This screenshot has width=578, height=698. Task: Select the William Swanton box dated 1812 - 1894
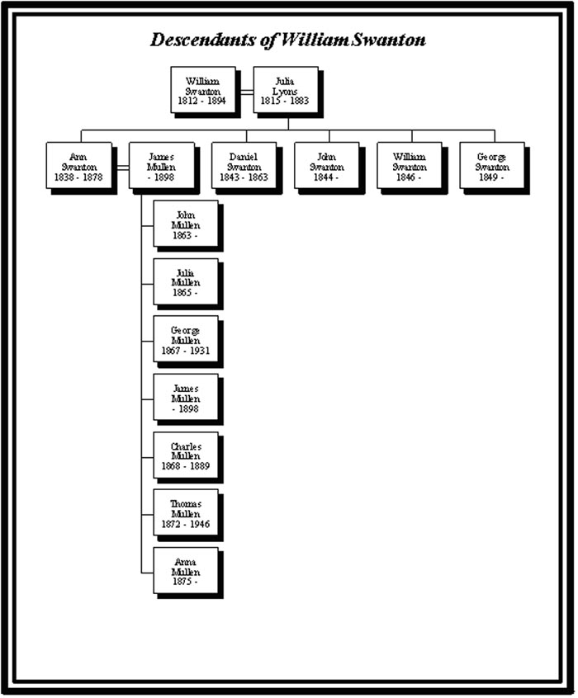tap(202, 90)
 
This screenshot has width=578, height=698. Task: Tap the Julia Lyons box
tap(285, 90)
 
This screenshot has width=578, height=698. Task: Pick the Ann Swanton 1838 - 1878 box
tap(79, 166)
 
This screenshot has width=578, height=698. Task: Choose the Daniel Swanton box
tap(244, 166)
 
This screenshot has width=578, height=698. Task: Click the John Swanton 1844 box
tap(326, 166)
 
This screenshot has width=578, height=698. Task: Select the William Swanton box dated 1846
tap(410, 166)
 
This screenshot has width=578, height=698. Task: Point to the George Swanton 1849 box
tap(492, 166)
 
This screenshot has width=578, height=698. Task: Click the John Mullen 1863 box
tap(186, 224)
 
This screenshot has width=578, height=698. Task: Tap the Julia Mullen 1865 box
tap(186, 281)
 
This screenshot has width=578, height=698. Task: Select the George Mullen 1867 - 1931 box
tap(186, 339)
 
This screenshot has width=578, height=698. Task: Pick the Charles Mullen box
tap(186, 455)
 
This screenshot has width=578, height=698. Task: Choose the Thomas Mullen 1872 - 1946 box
tap(186, 512)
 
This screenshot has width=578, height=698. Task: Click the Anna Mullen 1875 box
tap(186, 570)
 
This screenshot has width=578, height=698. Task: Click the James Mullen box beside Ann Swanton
tap(162, 166)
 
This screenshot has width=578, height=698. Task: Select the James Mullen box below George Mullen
tap(186, 397)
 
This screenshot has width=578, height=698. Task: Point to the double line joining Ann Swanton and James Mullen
tap(121, 167)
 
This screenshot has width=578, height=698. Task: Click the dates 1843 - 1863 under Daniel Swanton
tap(244, 177)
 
